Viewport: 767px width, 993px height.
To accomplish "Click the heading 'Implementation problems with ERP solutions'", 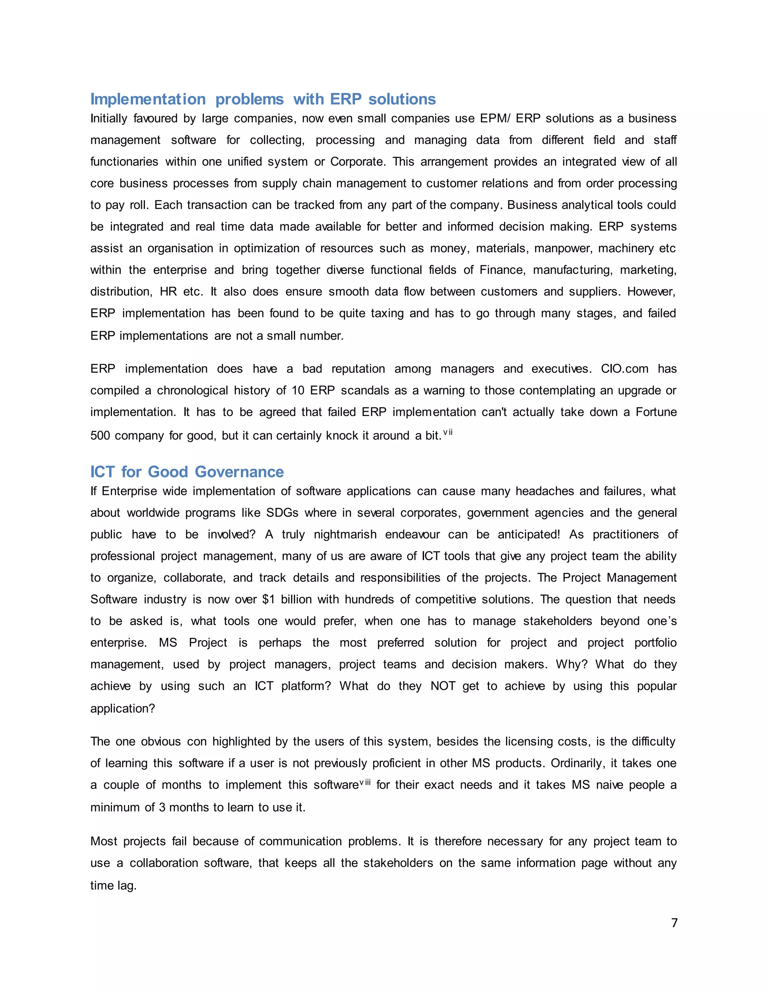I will point(263,99).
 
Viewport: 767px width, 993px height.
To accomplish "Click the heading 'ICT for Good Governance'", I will point(187,472).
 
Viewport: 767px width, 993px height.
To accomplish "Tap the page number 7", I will point(674,923).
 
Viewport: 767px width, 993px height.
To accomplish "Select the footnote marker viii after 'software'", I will point(365,782).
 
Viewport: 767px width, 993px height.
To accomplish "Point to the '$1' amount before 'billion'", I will point(268,599).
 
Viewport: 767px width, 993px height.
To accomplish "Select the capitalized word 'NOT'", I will point(443,686).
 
